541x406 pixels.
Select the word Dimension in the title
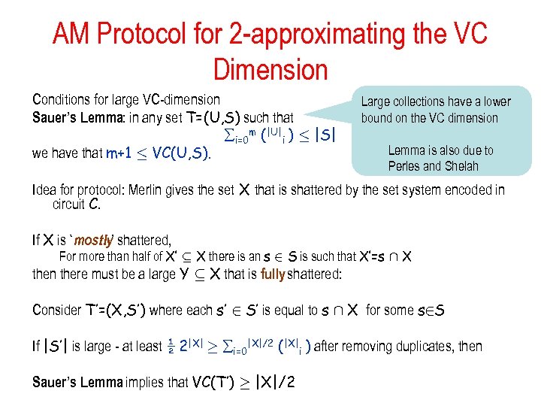tap(270, 69)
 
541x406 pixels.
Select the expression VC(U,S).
tap(181, 153)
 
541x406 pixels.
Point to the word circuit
tap(70, 204)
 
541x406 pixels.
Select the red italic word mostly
tap(93, 241)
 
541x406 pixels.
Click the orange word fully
tap(273, 274)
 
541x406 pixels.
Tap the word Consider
tap(56, 310)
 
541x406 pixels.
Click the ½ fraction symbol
tap(171, 346)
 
